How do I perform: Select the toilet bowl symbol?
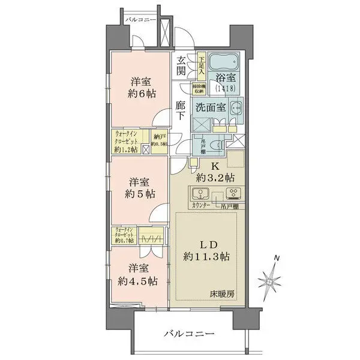(x=220, y=145)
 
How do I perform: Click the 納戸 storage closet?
(x=159, y=142)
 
